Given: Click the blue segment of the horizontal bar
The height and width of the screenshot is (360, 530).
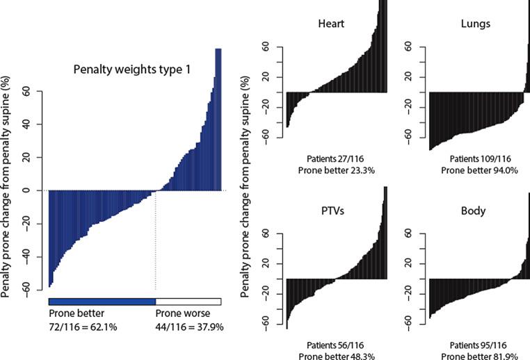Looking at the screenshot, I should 102,301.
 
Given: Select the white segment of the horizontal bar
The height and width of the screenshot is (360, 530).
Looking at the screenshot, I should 188,301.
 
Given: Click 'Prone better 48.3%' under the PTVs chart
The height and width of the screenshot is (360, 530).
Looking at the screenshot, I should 335,354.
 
